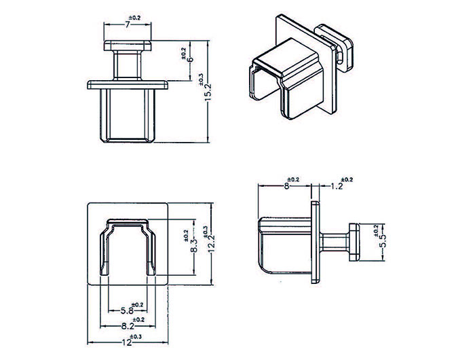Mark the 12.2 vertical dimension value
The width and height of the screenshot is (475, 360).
[211, 243]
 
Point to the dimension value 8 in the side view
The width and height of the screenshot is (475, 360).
[286, 185]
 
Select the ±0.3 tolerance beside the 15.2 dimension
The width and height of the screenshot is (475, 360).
[201, 79]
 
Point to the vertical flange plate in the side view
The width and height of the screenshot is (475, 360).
[315, 241]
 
